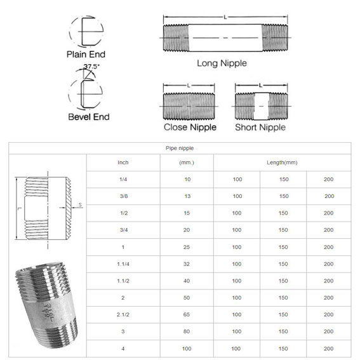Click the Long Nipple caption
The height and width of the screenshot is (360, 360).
coord(222,63)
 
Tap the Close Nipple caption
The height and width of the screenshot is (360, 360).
coord(190,127)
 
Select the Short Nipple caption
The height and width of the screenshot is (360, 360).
coord(260,127)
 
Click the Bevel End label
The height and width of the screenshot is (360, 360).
coord(89,117)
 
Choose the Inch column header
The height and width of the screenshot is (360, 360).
coord(123,163)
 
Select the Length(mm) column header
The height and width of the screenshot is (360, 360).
coord(283,163)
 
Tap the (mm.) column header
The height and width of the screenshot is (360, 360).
coord(187,163)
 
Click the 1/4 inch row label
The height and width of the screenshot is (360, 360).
coord(123,180)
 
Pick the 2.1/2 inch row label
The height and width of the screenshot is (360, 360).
coord(123,314)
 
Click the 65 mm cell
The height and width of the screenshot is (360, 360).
coord(187,314)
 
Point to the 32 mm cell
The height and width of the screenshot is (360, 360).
coord(187,263)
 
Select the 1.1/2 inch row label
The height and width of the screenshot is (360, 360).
coord(123,280)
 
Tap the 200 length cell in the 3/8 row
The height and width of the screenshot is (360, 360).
coord(329,196)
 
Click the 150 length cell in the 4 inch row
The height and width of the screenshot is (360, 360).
coord(283,347)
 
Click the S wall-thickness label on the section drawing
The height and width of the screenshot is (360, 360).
coord(81,204)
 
